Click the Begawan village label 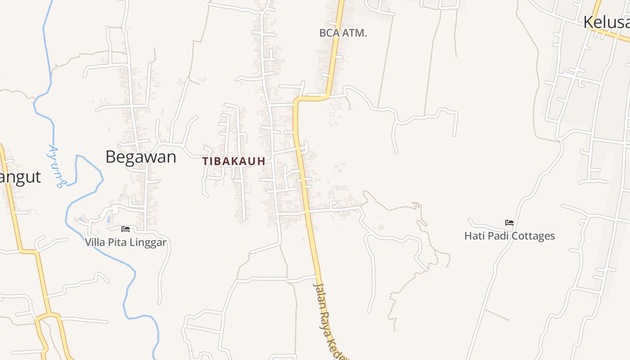click(x=140, y=157)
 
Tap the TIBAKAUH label click(x=234, y=161)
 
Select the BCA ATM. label click(x=343, y=33)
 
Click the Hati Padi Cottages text click(x=509, y=236)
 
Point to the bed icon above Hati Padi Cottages click(x=509, y=222)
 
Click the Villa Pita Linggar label click(x=126, y=243)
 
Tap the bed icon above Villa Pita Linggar click(x=126, y=229)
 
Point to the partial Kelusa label click(x=606, y=22)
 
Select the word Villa click(x=94, y=243)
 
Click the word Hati click(x=473, y=236)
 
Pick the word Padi click(x=495, y=236)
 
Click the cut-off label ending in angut click(x=20, y=176)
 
